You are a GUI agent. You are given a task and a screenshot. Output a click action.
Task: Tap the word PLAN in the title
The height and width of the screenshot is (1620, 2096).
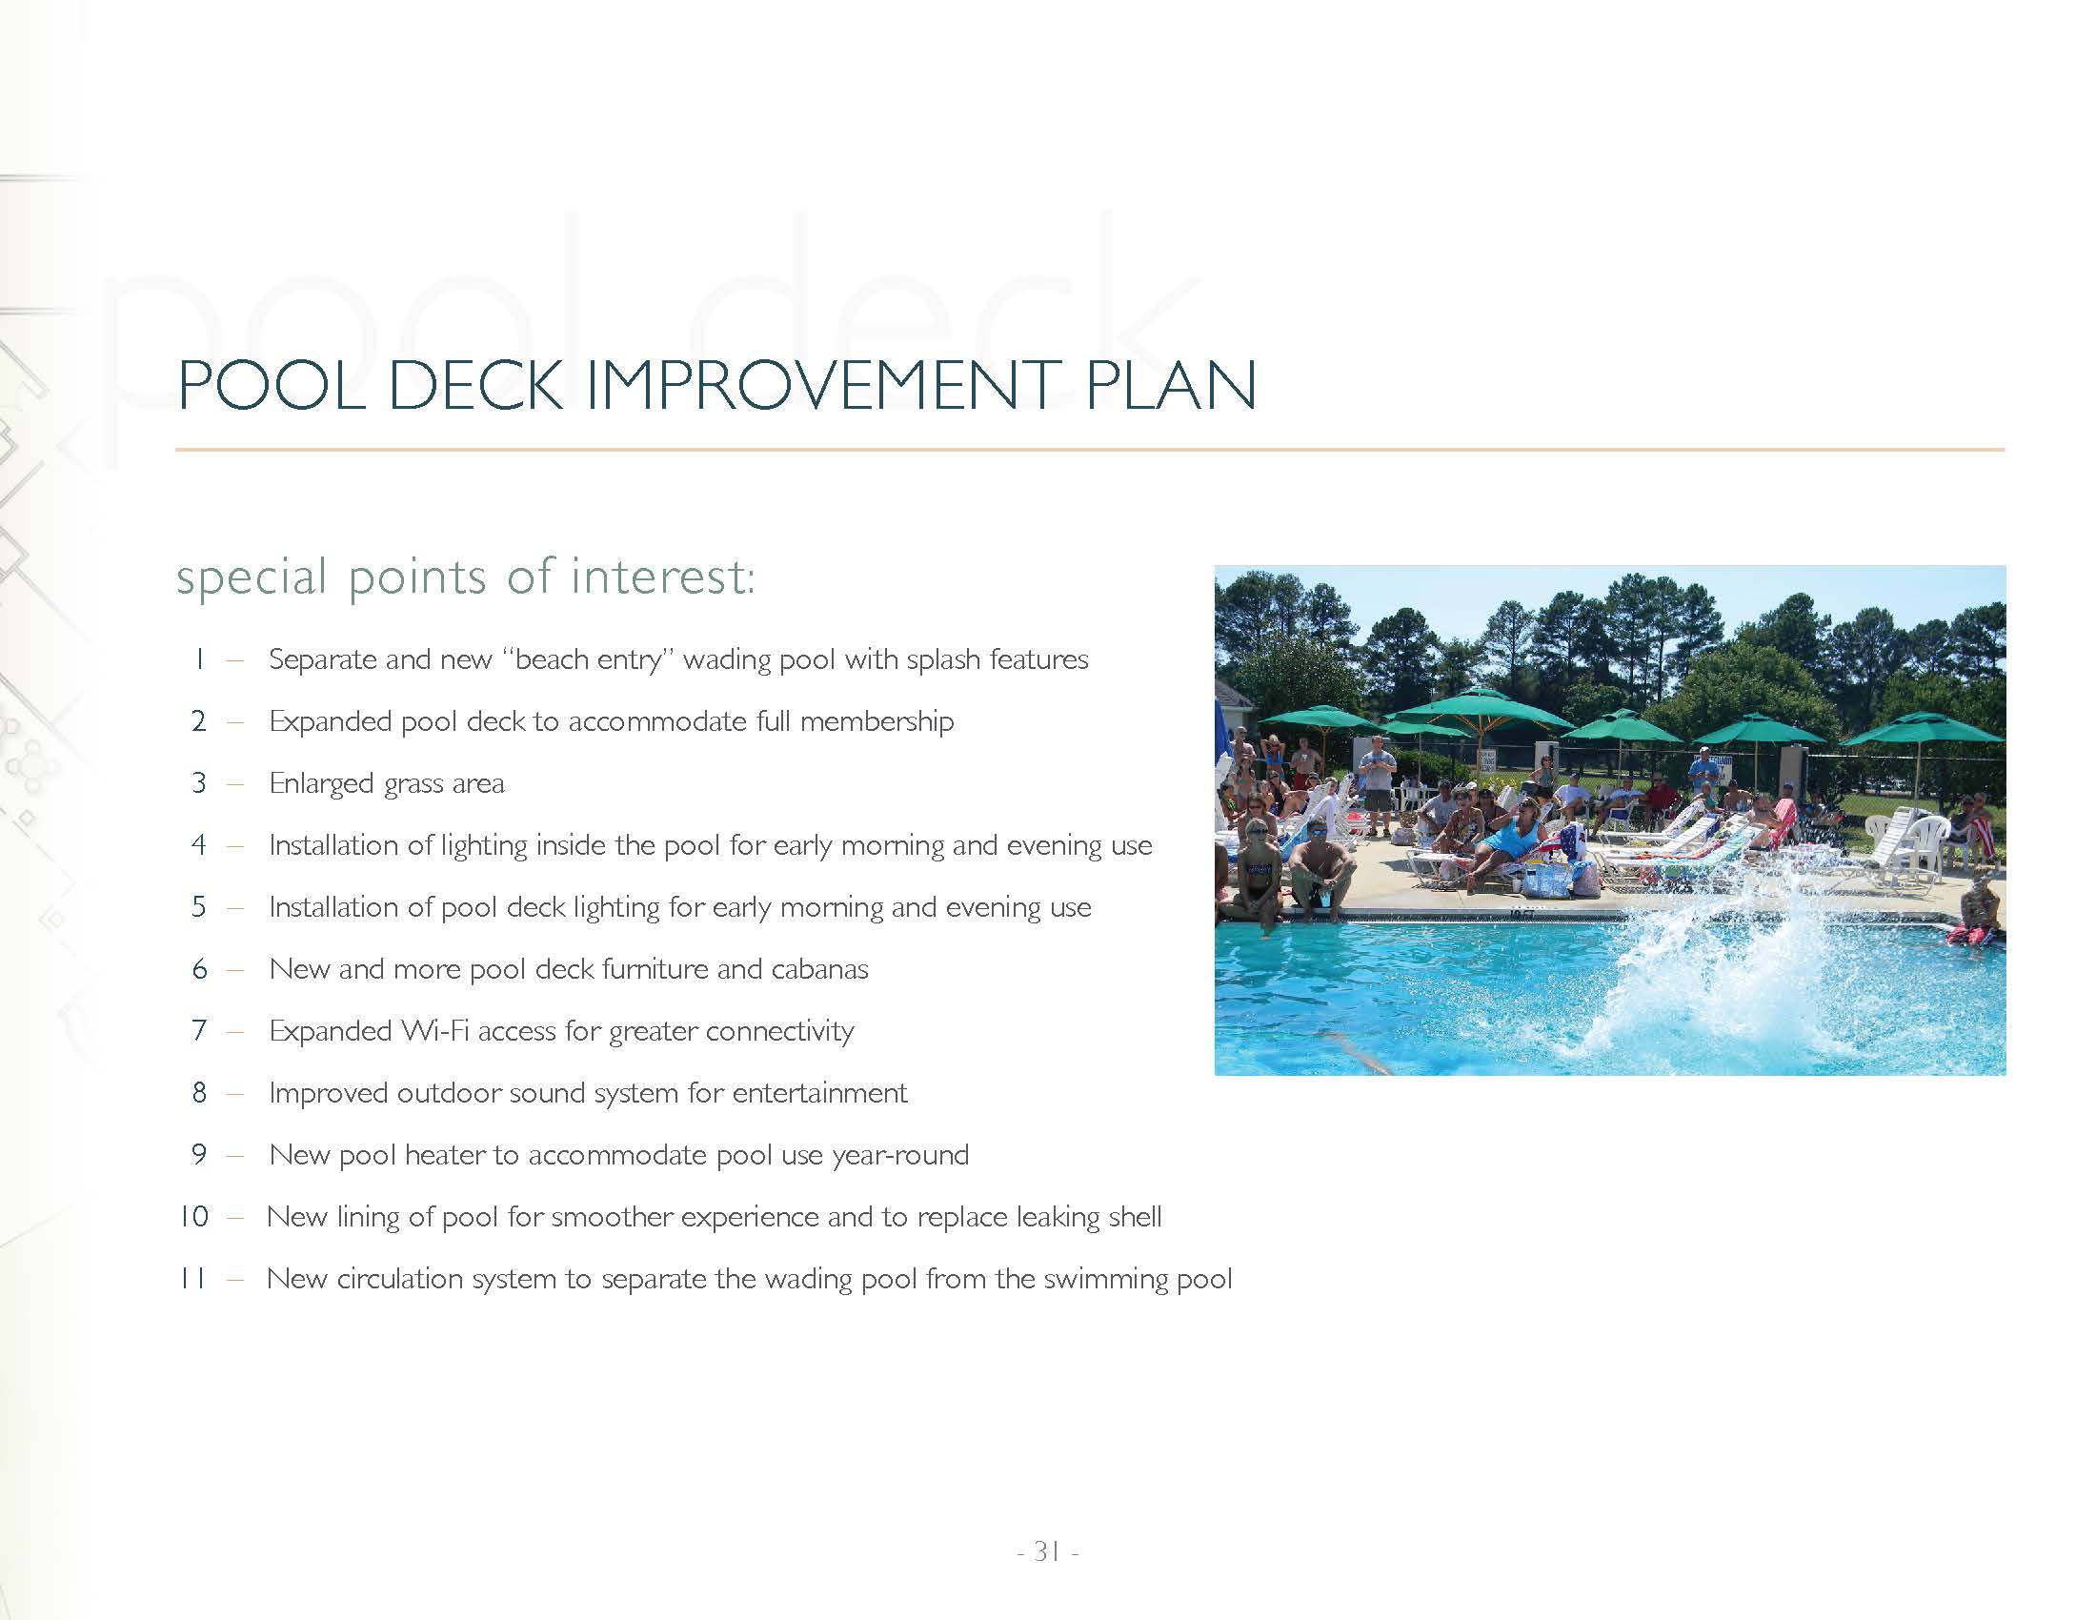(x=1171, y=385)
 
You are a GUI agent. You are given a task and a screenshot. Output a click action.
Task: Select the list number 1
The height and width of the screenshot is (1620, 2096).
(x=199, y=659)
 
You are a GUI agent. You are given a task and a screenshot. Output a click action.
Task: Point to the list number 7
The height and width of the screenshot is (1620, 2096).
(x=200, y=1031)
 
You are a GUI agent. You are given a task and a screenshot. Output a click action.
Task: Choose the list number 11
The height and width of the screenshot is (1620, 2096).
(x=192, y=1278)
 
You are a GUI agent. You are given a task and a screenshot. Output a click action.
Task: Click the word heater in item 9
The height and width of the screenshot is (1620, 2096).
(x=444, y=1155)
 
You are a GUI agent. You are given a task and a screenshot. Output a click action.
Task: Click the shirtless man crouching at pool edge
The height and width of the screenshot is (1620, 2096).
(x=1320, y=868)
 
